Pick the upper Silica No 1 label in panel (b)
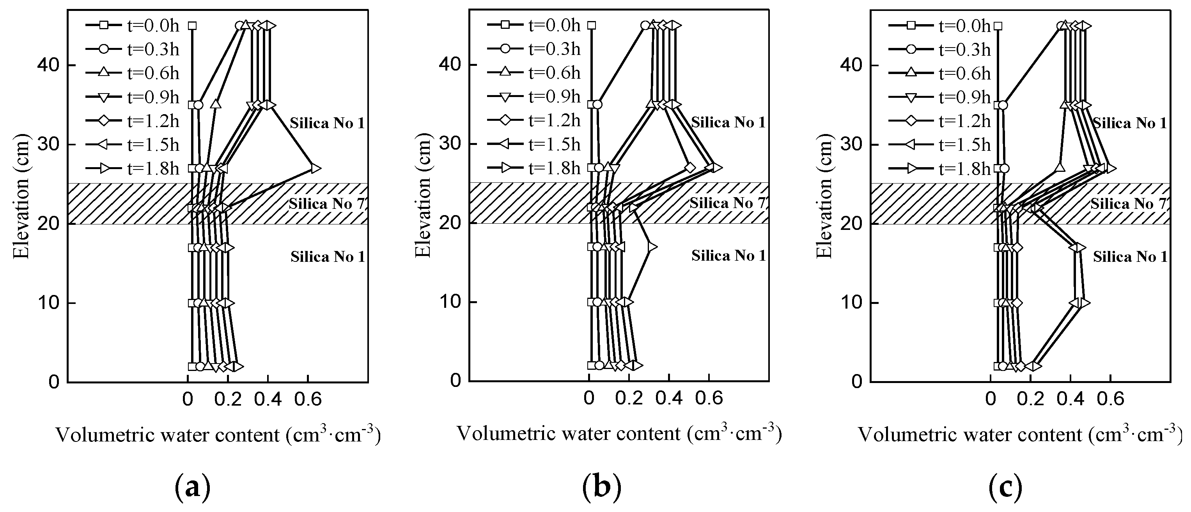[x=728, y=122]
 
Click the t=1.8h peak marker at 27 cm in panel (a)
[x=314, y=168]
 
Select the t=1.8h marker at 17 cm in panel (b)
[x=651, y=247]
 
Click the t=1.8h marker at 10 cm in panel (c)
[x=1083, y=303]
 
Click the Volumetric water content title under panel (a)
[x=218, y=435]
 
